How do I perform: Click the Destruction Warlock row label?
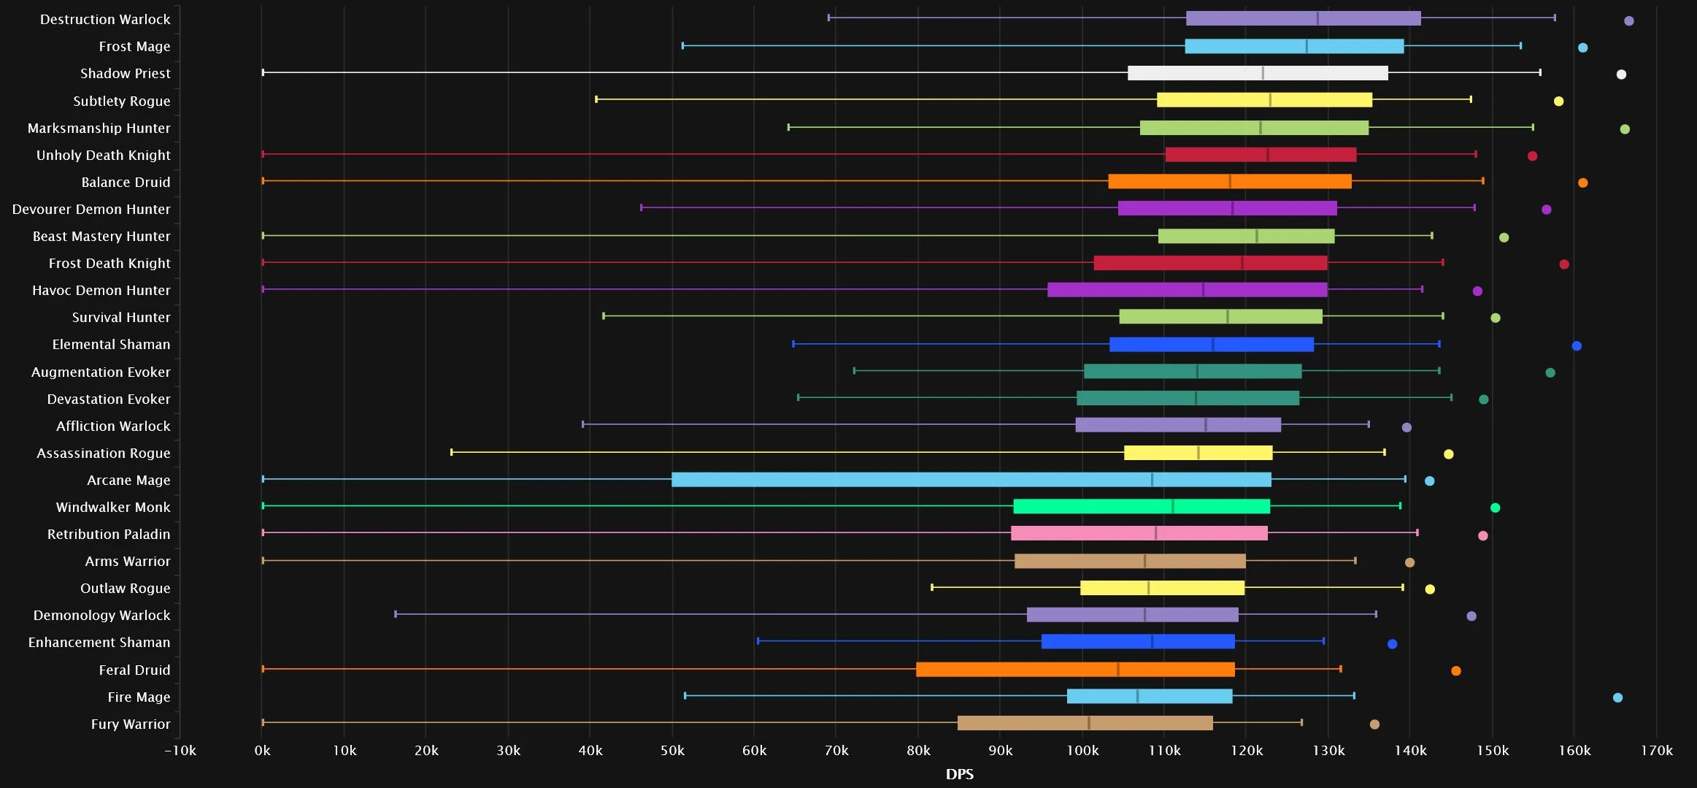click(105, 19)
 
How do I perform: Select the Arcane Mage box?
click(971, 480)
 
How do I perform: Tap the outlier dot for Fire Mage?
click(1617, 697)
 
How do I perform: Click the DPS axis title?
click(960, 774)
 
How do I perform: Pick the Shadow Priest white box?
click(1258, 73)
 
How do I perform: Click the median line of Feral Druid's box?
click(1117, 670)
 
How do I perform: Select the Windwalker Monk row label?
click(113, 507)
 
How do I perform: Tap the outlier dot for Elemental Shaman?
click(1577, 345)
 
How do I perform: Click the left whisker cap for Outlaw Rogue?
click(932, 587)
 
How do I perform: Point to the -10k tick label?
click(180, 750)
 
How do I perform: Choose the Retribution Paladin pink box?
click(1139, 534)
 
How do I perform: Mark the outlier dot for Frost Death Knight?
click(1564, 264)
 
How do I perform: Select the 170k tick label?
click(1657, 750)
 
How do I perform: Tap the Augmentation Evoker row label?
click(101, 372)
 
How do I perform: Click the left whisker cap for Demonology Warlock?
click(396, 614)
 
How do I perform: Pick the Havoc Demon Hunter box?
click(1188, 290)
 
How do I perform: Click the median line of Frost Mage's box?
click(1307, 46)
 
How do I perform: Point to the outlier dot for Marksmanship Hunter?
click(1625, 129)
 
